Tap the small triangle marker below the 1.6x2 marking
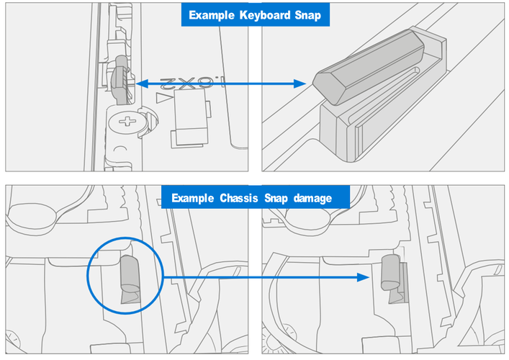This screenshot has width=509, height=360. (166, 96)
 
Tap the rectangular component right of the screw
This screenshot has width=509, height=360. (188, 122)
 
